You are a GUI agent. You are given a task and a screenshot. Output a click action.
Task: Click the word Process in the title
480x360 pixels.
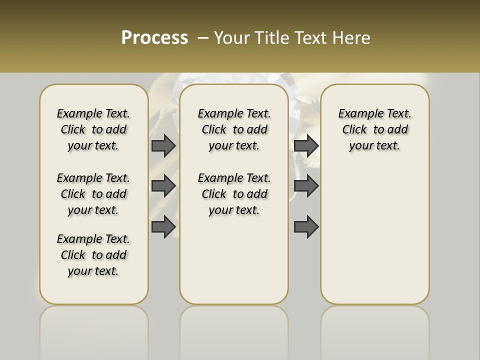[x=154, y=38]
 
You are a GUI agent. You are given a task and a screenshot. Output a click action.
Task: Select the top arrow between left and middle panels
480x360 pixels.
[x=163, y=145]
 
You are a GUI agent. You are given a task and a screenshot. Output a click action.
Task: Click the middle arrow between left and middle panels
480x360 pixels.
[x=163, y=186]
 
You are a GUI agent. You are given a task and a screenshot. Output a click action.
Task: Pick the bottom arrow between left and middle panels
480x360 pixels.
[x=163, y=226]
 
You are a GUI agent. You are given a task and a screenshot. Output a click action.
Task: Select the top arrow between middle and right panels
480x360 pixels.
[x=306, y=145]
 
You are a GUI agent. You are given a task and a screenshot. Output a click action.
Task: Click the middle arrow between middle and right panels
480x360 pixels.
[x=306, y=186]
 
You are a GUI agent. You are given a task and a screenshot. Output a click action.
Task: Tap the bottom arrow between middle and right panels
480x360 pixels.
[x=306, y=226]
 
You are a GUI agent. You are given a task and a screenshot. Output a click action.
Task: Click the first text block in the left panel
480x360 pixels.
[x=93, y=129]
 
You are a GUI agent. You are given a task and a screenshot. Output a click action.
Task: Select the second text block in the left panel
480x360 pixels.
[x=93, y=194]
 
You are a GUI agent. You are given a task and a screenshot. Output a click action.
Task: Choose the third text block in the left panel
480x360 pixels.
[x=93, y=255]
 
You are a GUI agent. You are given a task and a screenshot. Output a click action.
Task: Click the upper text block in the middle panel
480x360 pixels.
[x=234, y=129]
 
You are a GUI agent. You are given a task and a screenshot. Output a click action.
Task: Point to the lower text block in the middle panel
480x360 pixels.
[x=234, y=194]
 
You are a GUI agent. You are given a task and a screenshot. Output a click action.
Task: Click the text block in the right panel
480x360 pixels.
[x=374, y=129]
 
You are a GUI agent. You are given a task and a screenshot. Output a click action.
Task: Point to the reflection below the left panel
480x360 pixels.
[x=93, y=330]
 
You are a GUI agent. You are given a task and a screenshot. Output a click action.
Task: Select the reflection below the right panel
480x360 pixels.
[x=374, y=330]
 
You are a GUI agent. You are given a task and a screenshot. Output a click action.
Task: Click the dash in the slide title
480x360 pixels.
[x=203, y=38]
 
